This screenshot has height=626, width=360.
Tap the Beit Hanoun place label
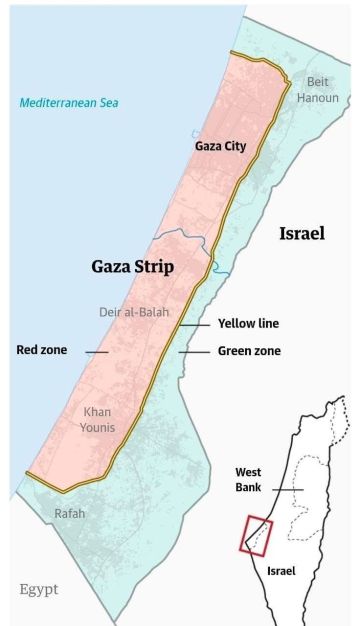tap(317, 89)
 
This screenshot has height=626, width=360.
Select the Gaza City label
tap(219, 146)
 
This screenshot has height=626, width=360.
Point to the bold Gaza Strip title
tap(133, 267)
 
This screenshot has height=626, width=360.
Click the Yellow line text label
tap(248, 324)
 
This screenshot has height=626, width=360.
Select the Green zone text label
tap(249, 351)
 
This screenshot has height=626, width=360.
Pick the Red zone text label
tap(41, 350)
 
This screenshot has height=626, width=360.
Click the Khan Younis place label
tap(98, 420)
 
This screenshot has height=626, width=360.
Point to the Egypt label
tap(39, 589)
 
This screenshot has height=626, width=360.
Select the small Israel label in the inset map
tap(281, 571)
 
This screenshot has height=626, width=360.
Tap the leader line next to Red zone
tap(96, 351)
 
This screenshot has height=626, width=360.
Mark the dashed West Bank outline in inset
tap(318, 490)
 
